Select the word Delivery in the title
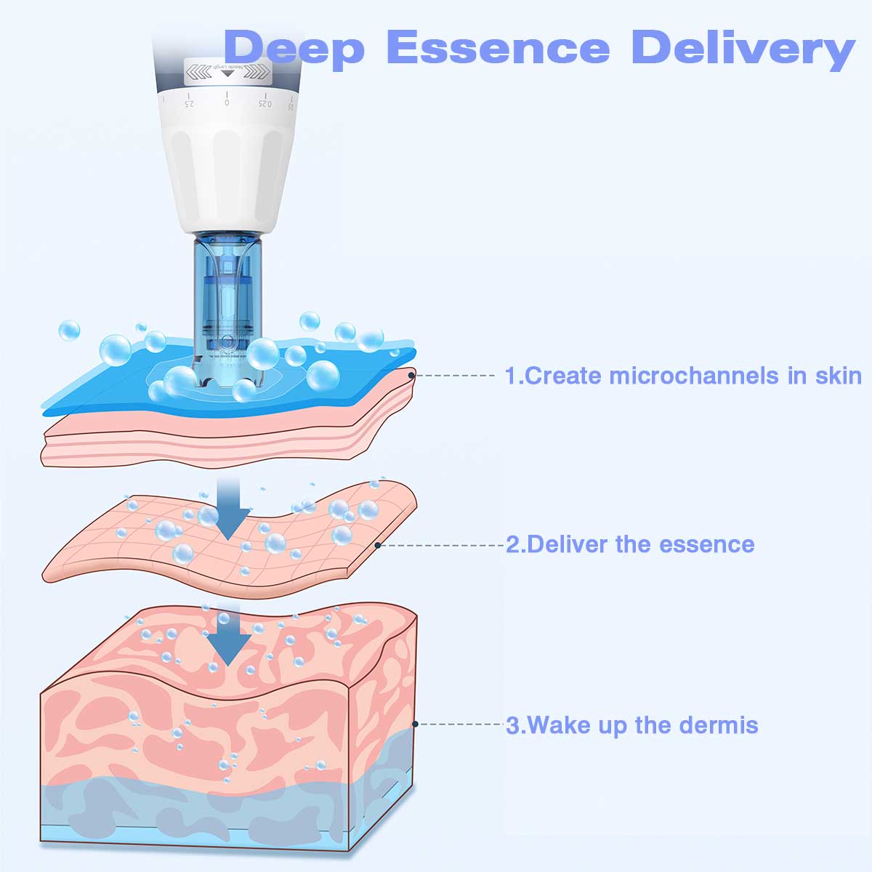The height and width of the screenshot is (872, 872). pos(743,48)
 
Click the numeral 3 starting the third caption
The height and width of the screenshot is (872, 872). pos(512,725)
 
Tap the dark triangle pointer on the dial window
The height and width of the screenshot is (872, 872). pos(225,73)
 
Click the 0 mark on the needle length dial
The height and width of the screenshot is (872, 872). pos(227,102)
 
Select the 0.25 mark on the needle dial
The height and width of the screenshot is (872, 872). pos(264,102)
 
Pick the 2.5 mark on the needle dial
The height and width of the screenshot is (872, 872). pos(189,102)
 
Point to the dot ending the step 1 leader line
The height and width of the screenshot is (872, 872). pos(412,376)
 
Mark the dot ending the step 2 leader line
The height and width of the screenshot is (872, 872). pos(378,544)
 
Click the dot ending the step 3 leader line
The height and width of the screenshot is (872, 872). pos(415,724)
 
